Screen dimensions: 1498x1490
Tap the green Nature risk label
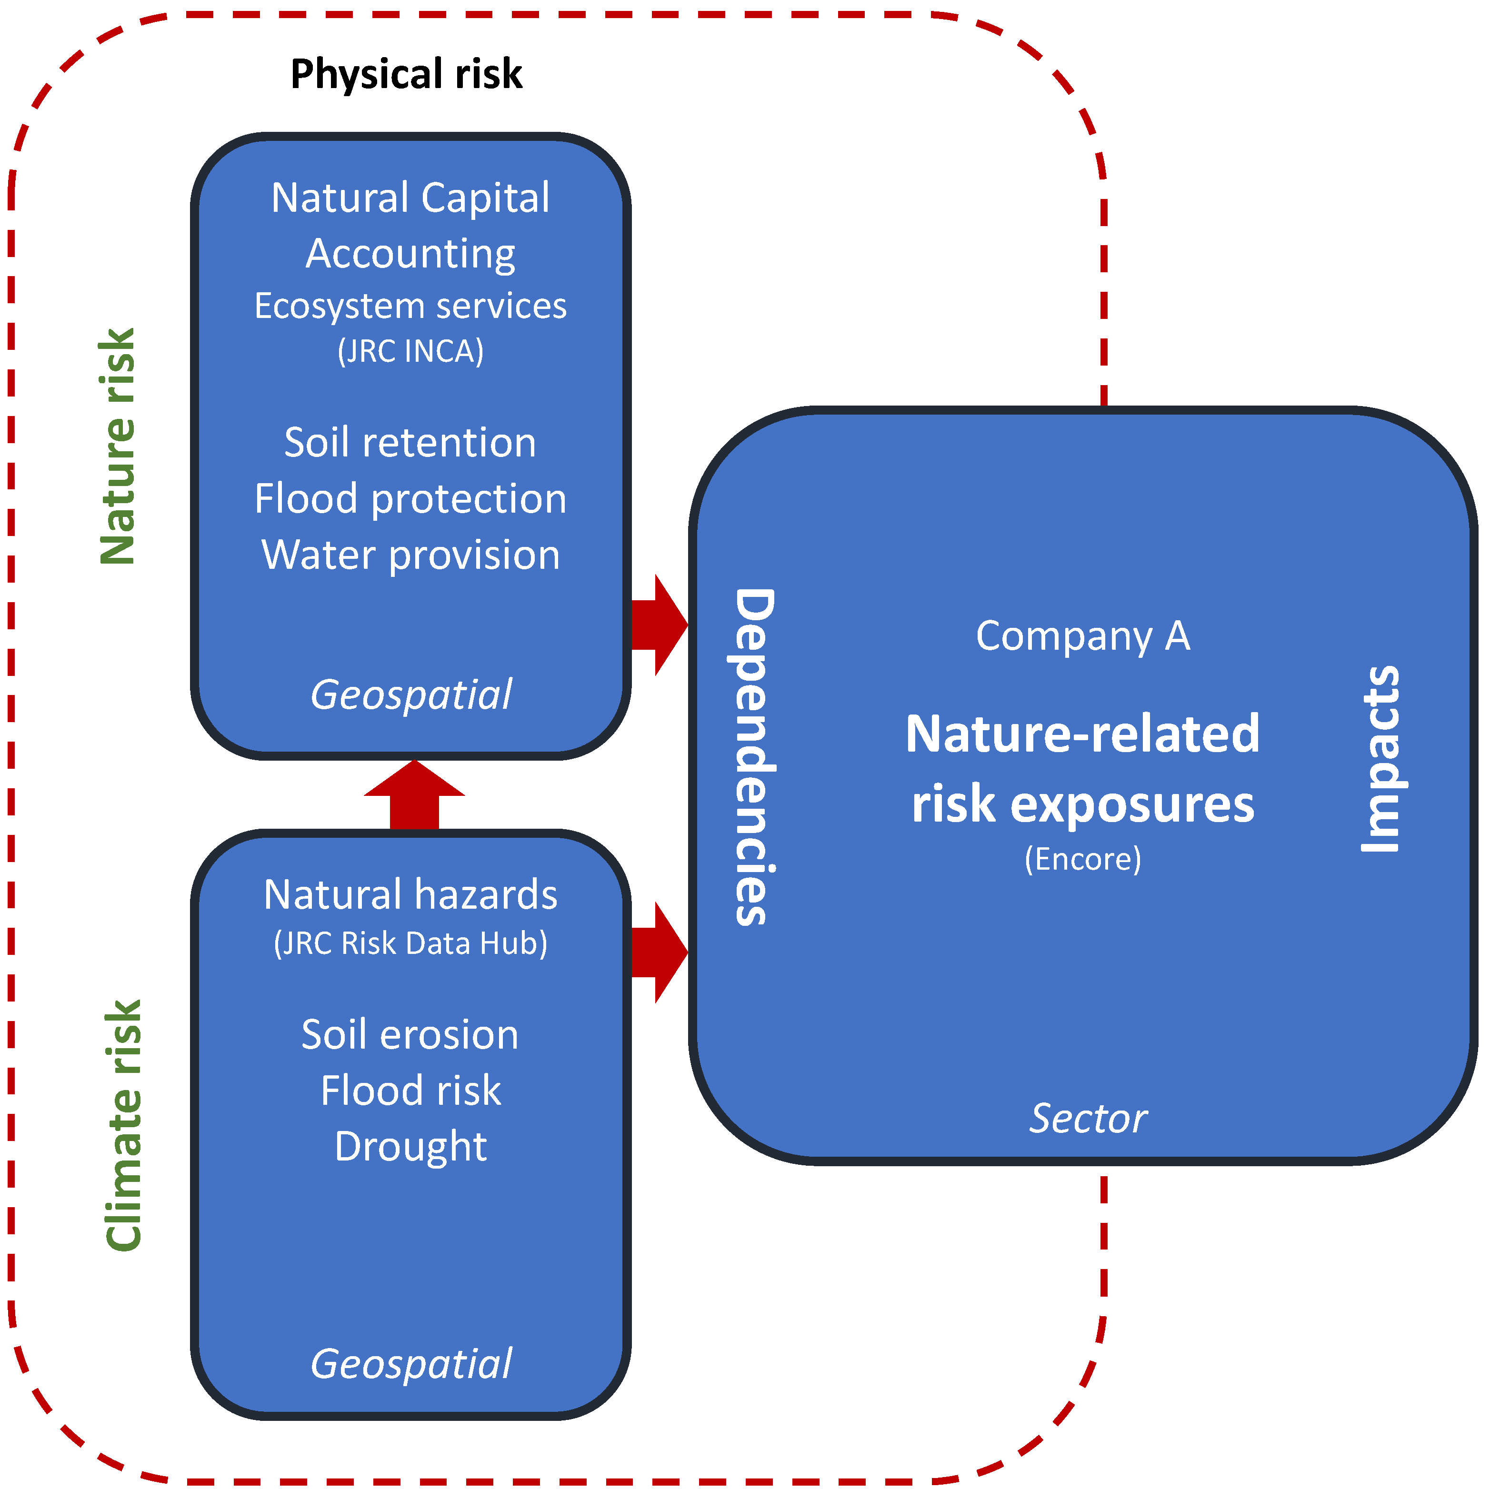(x=118, y=446)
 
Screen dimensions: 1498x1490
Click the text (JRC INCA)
(x=410, y=351)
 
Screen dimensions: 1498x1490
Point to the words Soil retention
(x=410, y=443)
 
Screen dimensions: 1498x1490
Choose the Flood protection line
(x=410, y=498)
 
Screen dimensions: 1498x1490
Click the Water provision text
(x=410, y=555)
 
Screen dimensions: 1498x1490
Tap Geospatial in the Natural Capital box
(x=410, y=694)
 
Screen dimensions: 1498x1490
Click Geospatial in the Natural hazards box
(x=410, y=1364)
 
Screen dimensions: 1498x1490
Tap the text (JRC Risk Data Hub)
(x=410, y=943)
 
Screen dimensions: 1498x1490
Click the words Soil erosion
(x=410, y=1035)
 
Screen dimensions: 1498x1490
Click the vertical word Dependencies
(x=752, y=757)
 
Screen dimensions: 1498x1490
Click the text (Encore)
(x=1083, y=859)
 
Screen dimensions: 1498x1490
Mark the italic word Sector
(x=1088, y=1119)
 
